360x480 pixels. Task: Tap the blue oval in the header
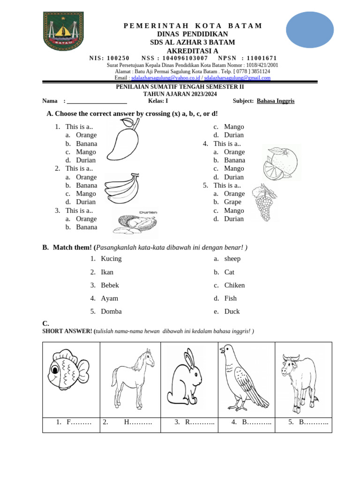point(309,30)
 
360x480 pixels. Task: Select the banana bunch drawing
point(121,188)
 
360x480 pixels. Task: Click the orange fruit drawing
point(281,163)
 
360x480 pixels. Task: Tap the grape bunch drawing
point(264,203)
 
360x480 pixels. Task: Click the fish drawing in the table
point(68,371)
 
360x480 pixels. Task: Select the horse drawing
point(133,378)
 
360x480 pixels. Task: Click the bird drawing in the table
point(244,377)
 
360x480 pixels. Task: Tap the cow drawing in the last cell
point(299,378)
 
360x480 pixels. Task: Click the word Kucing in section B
point(111,259)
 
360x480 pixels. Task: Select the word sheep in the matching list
point(232,259)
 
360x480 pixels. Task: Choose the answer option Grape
point(232,202)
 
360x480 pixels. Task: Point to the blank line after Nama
point(97,101)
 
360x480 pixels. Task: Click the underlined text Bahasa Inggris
point(276,101)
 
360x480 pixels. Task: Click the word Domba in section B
point(111,311)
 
